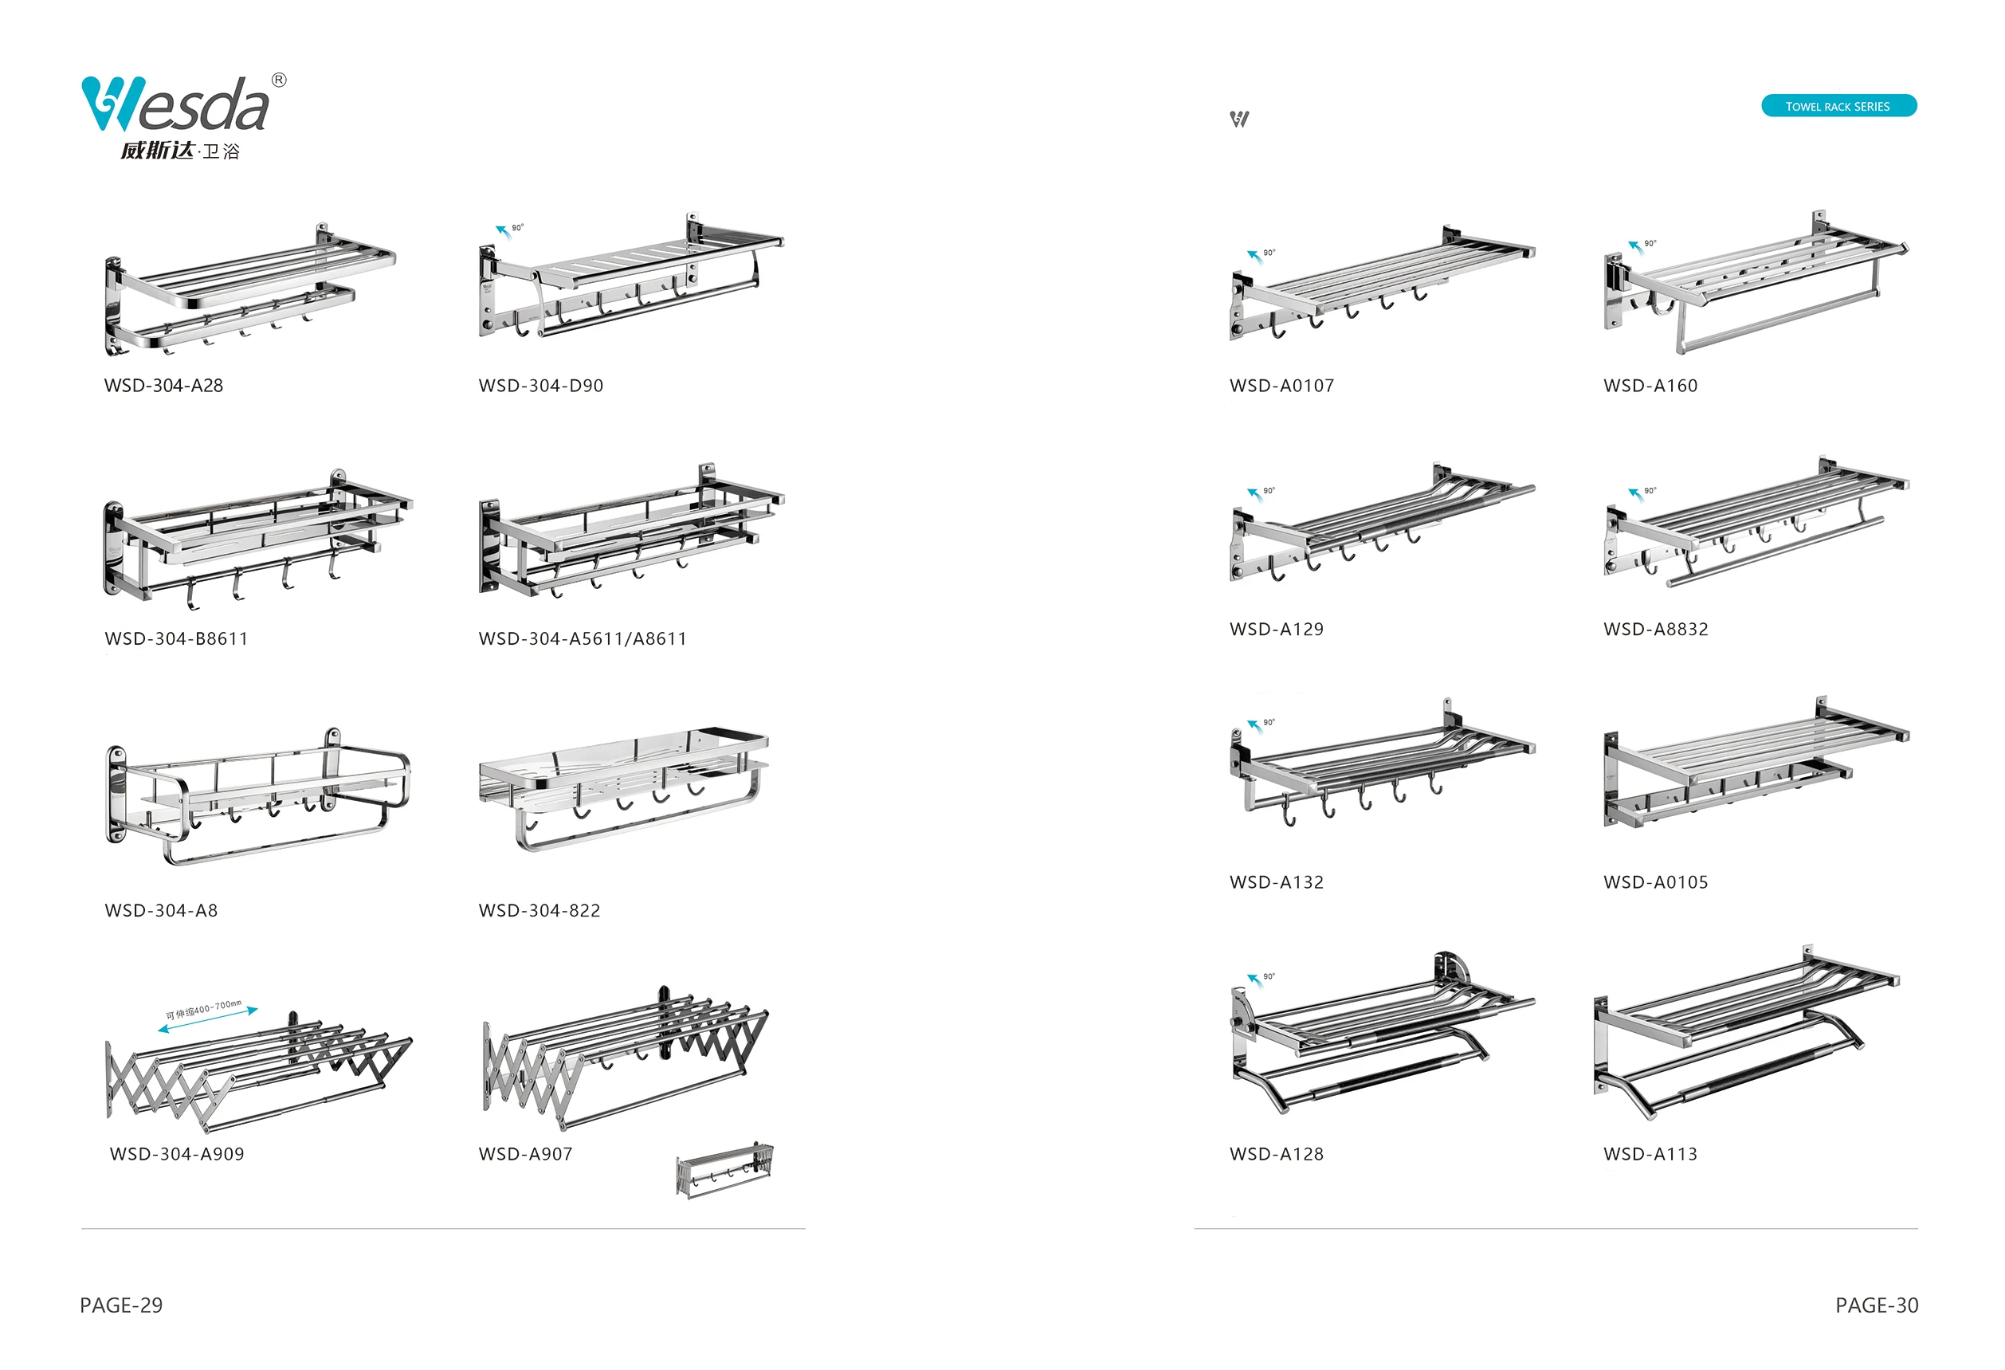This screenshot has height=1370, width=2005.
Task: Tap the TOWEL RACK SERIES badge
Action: pos(1838,106)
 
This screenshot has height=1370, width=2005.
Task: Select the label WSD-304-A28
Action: pos(164,386)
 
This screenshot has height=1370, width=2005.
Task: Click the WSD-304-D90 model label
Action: pos(541,386)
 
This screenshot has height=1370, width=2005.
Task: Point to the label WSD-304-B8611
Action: pos(176,638)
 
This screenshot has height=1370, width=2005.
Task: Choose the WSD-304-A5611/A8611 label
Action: pos(583,638)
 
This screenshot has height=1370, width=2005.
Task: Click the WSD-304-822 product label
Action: pos(540,910)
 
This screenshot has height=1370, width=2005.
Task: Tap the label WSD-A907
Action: pos(525,1153)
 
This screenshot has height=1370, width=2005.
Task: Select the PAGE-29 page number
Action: pos(121,1305)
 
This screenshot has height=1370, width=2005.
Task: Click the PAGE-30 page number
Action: pos(1877,1305)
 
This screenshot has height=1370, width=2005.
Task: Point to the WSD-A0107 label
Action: pos(1281,386)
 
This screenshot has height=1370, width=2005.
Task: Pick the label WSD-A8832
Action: pos(1656,629)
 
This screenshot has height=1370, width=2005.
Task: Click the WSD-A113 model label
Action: pos(1650,1153)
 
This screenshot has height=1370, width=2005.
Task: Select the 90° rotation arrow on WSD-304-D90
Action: pos(503,230)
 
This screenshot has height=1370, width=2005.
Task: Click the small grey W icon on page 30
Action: pos(1239,119)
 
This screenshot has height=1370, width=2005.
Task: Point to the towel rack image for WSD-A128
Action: pos(1380,1035)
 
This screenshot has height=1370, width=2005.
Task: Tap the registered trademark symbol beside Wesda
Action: pos(279,80)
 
